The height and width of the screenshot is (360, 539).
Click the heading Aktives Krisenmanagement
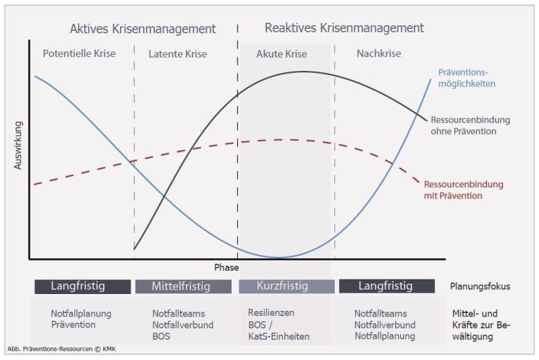(x=142, y=29)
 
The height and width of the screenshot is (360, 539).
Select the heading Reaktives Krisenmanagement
(x=344, y=28)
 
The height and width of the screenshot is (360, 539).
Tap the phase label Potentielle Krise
(x=79, y=53)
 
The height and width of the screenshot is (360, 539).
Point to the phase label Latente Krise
(x=178, y=54)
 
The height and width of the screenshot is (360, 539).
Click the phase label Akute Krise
(x=281, y=54)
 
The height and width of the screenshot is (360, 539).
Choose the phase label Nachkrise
(x=379, y=53)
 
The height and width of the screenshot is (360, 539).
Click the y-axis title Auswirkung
(x=18, y=145)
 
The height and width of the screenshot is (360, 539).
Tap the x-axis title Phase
(x=226, y=267)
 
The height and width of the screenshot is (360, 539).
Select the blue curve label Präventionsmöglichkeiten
(x=467, y=78)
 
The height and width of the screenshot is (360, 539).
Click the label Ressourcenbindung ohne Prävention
(x=470, y=126)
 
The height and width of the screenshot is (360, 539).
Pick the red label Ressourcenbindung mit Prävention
(x=463, y=189)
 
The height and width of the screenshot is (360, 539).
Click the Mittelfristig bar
(x=183, y=286)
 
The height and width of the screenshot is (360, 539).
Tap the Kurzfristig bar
(x=286, y=286)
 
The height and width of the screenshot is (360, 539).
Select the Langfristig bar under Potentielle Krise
(x=83, y=286)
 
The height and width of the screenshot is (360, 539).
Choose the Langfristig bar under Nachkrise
(x=387, y=286)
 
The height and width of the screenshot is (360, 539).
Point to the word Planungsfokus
(x=480, y=286)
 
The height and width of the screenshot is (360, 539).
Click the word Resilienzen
(x=271, y=313)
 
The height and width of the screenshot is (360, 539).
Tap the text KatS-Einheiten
(x=279, y=336)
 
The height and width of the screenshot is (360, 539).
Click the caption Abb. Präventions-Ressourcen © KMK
(x=62, y=349)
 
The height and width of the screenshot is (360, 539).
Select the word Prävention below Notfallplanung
(x=73, y=325)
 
